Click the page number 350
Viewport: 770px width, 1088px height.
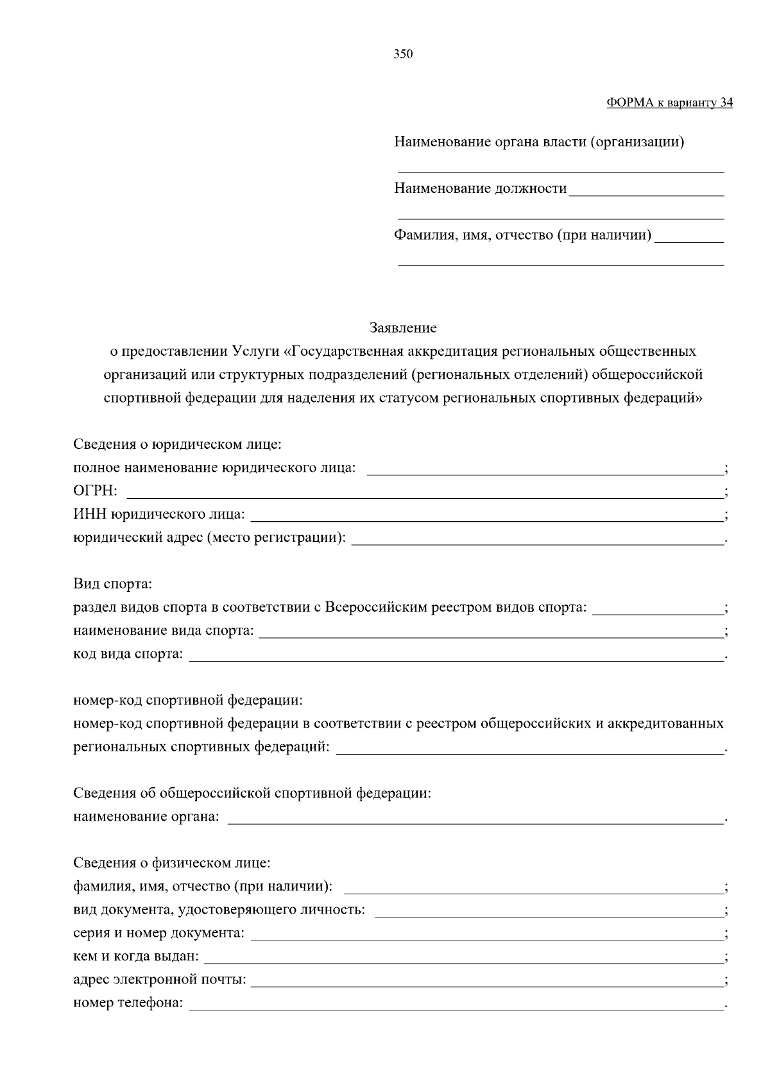(x=403, y=54)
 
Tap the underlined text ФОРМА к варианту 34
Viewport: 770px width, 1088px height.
(x=669, y=103)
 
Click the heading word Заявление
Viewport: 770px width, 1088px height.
(x=403, y=328)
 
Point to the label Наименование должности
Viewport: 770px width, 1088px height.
(x=481, y=188)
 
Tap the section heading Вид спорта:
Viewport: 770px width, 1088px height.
(x=112, y=584)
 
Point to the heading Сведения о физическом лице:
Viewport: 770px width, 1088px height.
(x=172, y=863)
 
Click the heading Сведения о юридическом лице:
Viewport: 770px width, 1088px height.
(x=178, y=444)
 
